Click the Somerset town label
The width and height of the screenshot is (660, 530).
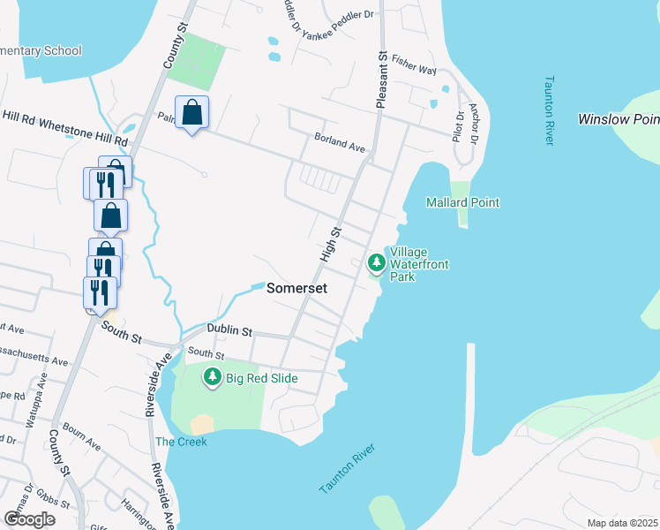296,289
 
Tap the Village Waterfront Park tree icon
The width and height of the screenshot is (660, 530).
377,262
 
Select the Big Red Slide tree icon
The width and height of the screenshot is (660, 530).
212,378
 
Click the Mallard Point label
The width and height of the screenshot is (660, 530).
462,202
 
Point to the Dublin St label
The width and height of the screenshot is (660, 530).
229,330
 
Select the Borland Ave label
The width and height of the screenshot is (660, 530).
340,141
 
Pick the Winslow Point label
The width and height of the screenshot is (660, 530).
618,119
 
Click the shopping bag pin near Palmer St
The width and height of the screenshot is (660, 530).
191,112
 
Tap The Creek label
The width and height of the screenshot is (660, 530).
181,442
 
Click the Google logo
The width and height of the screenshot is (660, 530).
29,519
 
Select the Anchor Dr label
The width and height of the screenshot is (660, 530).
474,124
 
